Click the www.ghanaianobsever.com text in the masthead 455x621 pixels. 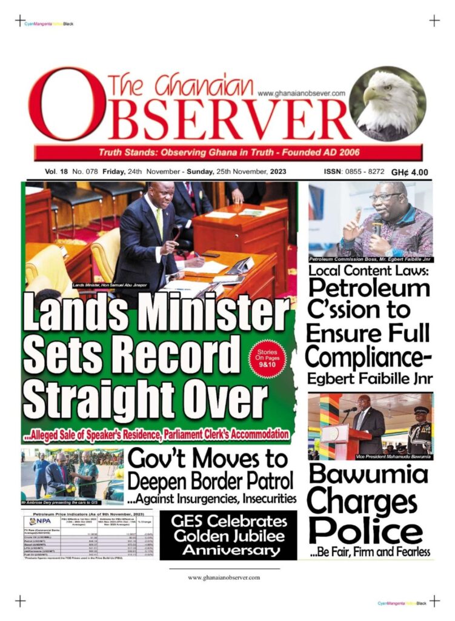pyautogui.click(x=301, y=93)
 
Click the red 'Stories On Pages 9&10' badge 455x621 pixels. pyautogui.click(x=267, y=360)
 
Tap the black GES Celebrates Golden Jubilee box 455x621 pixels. pyautogui.click(x=228, y=535)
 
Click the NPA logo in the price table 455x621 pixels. pyautogui.click(x=40, y=520)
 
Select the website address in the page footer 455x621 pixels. pyautogui.click(x=224, y=577)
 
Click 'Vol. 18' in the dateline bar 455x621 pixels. pyautogui.click(x=56, y=172)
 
